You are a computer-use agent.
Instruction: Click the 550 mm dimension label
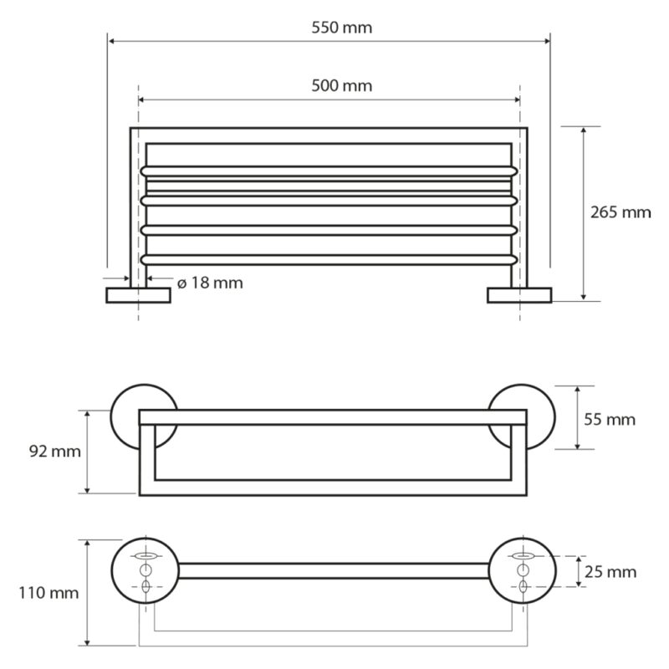tap(341, 28)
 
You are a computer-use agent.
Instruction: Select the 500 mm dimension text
tap(341, 86)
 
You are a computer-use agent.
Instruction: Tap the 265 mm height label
tap(620, 212)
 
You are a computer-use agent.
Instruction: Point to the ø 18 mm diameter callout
tap(210, 283)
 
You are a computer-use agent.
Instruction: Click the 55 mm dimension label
tap(610, 420)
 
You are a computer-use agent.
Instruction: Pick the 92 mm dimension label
tap(55, 452)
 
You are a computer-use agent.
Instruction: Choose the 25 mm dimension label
tap(610, 572)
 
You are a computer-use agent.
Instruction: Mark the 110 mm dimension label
tap(49, 593)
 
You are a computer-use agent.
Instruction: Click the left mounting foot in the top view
tap(138, 295)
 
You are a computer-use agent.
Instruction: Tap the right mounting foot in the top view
tap(519, 295)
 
